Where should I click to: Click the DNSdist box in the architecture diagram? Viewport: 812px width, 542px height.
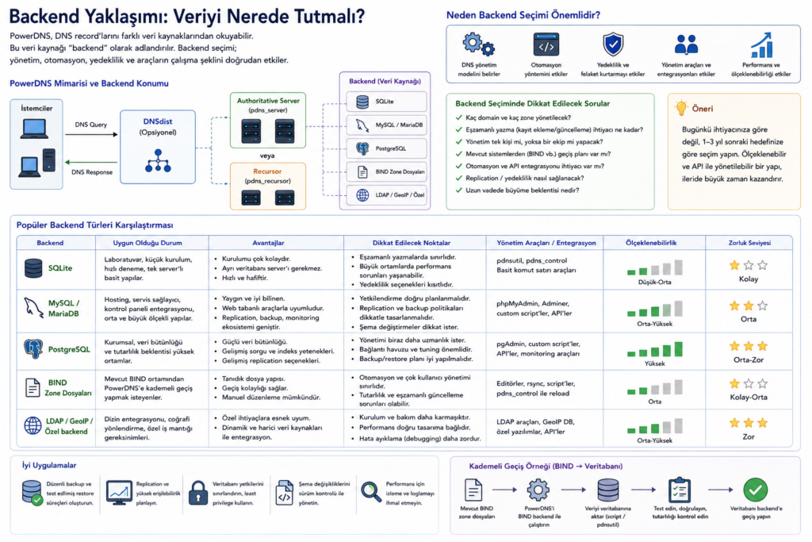pyautogui.click(x=158, y=147)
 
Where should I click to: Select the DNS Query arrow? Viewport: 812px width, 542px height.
pyautogui.click(x=92, y=135)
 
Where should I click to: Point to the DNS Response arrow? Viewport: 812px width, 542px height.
pyautogui.click(x=92, y=162)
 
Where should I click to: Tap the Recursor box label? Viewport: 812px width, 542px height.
pyautogui.click(x=267, y=171)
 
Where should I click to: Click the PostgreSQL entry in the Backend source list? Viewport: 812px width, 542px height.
pyautogui.click(x=386, y=148)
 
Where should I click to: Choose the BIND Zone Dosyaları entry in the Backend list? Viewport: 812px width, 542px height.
pyautogui.click(x=386, y=172)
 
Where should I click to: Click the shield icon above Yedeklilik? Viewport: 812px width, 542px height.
pyautogui.click(x=613, y=44)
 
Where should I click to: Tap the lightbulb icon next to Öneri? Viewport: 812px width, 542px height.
pyautogui.click(x=681, y=108)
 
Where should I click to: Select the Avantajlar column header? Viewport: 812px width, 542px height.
pyautogui.click(x=268, y=243)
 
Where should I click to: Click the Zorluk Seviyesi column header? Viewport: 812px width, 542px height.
pyautogui.click(x=749, y=243)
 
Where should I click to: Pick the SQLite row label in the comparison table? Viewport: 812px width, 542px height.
pyautogui.click(x=60, y=268)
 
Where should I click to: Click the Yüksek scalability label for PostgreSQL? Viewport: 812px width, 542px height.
pyautogui.click(x=654, y=363)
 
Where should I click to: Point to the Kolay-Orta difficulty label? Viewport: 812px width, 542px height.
pyautogui.click(x=749, y=398)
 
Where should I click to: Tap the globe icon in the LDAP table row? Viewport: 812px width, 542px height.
pyautogui.click(x=33, y=426)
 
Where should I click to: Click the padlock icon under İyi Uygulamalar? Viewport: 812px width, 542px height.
pyautogui.click(x=197, y=493)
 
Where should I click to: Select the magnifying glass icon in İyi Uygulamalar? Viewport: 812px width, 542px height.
pyautogui.click(x=371, y=492)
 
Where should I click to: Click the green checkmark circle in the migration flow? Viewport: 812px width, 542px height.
pyautogui.click(x=756, y=490)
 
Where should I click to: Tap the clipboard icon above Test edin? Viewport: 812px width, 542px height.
pyautogui.click(x=679, y=490)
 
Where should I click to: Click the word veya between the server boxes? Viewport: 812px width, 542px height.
pyautogui.click(x=267, y=156)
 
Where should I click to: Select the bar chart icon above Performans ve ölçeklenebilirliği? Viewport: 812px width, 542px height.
pyautogui.click(x=761, y=45)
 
